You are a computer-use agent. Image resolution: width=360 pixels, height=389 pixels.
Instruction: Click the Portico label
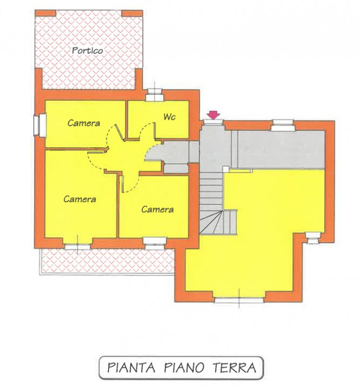coord(88,50)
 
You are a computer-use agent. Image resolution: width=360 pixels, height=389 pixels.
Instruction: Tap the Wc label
coord(169,117)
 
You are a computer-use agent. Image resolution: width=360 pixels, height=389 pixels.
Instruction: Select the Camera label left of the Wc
coord(84,123)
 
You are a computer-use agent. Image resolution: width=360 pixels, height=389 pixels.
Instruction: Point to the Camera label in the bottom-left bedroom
coord(79,199)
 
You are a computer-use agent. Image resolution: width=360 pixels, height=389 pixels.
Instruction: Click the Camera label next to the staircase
coord(157,210)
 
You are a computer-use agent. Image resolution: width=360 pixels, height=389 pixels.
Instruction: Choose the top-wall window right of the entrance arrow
coord(283,125)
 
